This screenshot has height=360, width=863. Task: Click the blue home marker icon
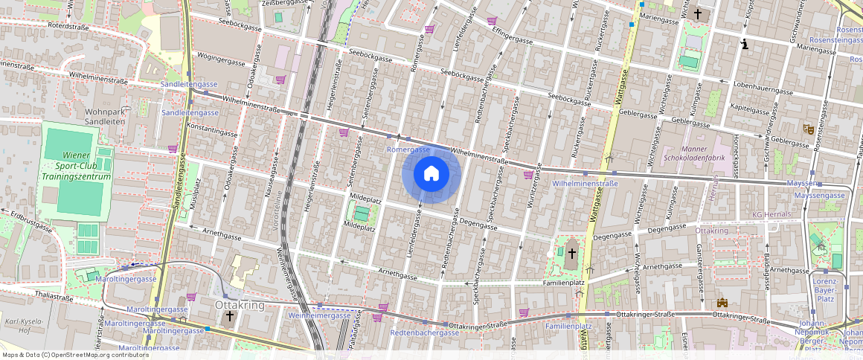(431, 175)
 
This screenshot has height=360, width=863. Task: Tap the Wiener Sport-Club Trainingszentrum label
(76, 166)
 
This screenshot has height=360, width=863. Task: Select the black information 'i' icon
(745, 45)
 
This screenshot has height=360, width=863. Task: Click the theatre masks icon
(806, 129)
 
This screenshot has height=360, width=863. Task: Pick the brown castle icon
(721, 303)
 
